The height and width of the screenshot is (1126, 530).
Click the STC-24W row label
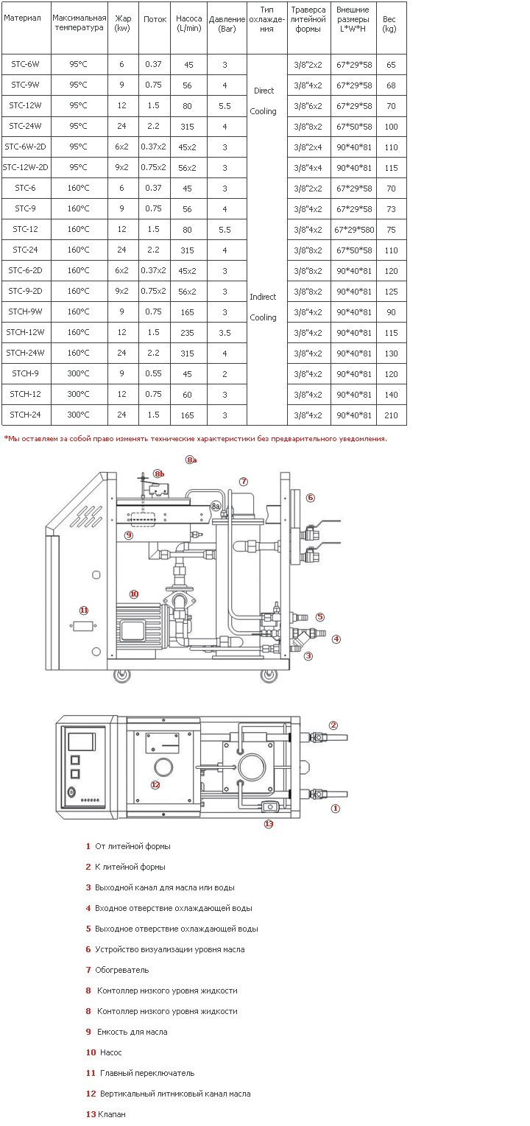[25, 126]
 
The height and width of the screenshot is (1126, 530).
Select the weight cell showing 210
[391, 415]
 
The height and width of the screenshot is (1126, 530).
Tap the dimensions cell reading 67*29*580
[354, 230]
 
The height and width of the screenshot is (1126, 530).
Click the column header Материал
[22, 18]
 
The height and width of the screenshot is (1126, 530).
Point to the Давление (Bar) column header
[227, 24]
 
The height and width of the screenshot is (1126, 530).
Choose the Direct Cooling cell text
[264, 101]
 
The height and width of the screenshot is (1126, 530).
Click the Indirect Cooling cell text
[264, 306]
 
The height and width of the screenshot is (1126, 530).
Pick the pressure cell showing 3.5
[225, 333]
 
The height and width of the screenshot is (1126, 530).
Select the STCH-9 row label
[25, 373]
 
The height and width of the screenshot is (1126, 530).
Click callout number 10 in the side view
[134, 594]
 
